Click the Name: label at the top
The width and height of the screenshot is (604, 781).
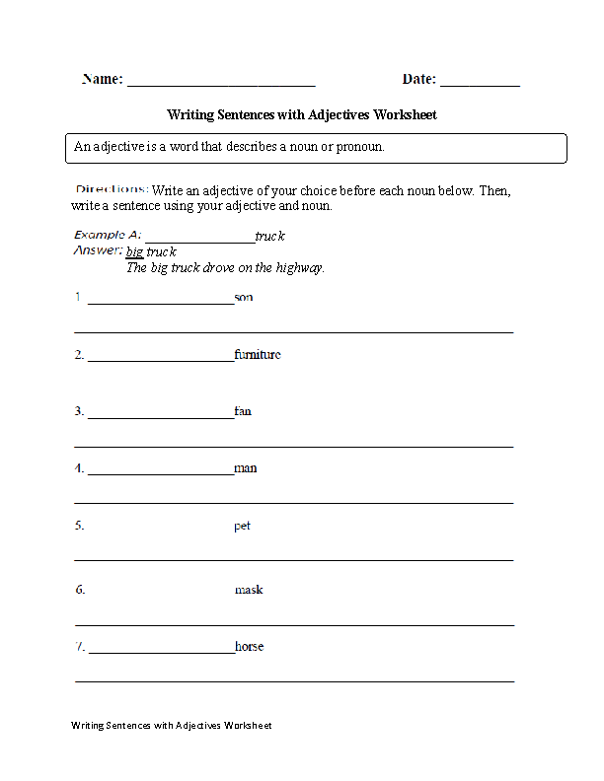coord(102,80)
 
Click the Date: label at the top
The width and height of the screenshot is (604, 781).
coord(419,80)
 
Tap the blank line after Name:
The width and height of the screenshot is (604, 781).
coord(221,83)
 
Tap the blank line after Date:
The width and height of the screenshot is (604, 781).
coord(480,83)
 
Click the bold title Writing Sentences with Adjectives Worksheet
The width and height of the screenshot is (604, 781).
coord(302,115)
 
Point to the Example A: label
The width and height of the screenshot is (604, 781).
coord(108,236)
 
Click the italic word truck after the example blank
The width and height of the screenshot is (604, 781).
coord(269,237)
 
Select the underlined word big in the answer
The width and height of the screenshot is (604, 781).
coord(134,252)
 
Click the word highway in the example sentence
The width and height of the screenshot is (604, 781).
coord(300,268)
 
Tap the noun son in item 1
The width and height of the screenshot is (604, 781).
coord(244,297)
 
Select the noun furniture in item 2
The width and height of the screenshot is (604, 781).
coord(258,354)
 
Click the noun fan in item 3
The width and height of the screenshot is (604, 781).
coord(243,411)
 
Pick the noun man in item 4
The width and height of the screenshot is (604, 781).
coord(246,468)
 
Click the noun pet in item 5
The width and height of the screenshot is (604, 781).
coord(243,526)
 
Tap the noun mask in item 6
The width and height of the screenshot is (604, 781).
coord(249,590)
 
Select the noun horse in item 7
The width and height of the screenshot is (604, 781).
coord(250,647)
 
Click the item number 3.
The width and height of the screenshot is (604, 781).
coord(79,411)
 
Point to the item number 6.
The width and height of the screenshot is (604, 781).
coord(80,590)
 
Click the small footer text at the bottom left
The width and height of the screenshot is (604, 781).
coord(171,726)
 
